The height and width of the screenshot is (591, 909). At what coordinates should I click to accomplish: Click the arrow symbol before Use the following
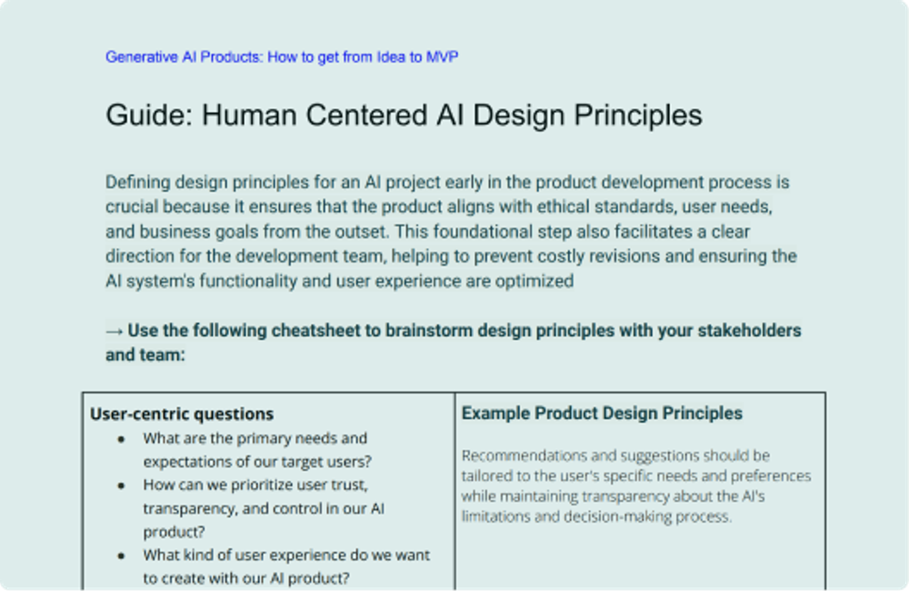(x=115, y=331)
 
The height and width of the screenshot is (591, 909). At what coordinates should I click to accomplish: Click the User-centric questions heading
(x=182, y=414)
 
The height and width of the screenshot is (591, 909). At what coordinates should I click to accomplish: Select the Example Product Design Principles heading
(x=602, y=414)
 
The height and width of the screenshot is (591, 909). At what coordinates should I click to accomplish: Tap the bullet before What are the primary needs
(x=121, y=439)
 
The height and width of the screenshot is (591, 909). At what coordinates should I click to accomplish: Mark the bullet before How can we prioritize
(x=121, y=486)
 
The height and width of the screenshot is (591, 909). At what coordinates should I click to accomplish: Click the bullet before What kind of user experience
(x=121, y=556)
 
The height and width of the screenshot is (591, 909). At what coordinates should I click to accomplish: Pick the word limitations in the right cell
(x=499, y=516)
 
